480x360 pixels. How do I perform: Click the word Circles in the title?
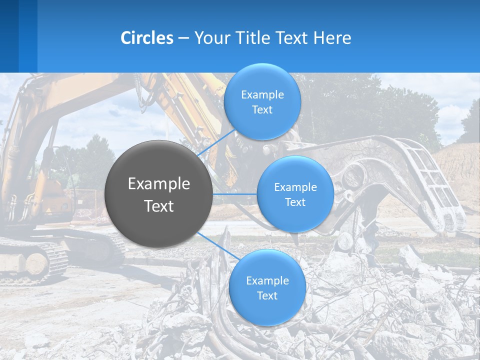tap(146, 38)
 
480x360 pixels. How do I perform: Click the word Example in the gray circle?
tap(159, 184)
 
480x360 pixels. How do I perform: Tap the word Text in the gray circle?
tap(159, 206)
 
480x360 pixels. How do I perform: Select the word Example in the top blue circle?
tap(262, 95)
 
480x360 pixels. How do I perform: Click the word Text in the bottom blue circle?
tap(267, 296)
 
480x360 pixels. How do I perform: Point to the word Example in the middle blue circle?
tap(295, 187)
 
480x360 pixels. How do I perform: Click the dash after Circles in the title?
tap(183, 38)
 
